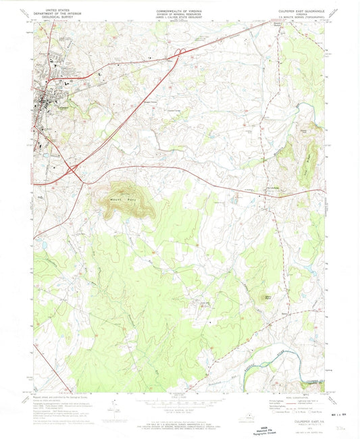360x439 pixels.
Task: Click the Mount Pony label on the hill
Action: (118, 199)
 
